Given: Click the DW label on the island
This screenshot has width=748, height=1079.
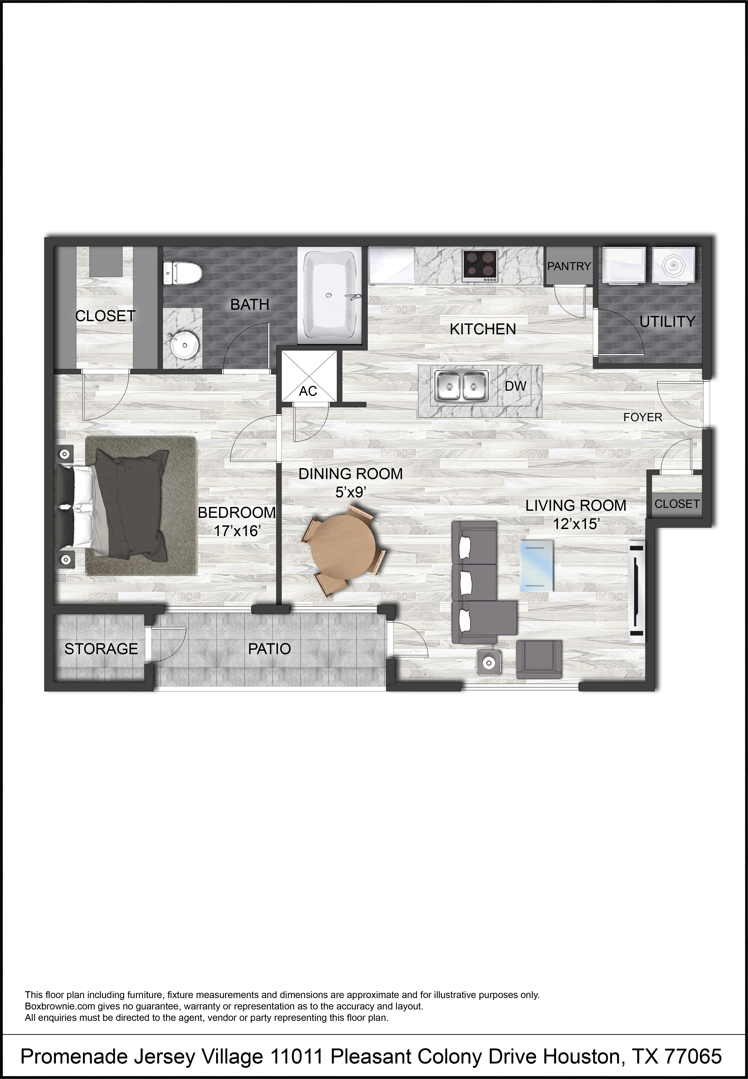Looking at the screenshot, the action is click(x=516, y=386).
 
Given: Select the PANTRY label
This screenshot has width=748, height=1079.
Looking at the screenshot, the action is click(x=569, y=266).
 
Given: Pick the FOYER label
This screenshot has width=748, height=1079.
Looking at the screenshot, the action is click(x=642, y=417).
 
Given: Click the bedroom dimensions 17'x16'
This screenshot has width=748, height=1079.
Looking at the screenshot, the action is click(x=237, y=531).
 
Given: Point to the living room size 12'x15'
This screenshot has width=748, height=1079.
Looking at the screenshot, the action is click(x=576, y=524).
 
